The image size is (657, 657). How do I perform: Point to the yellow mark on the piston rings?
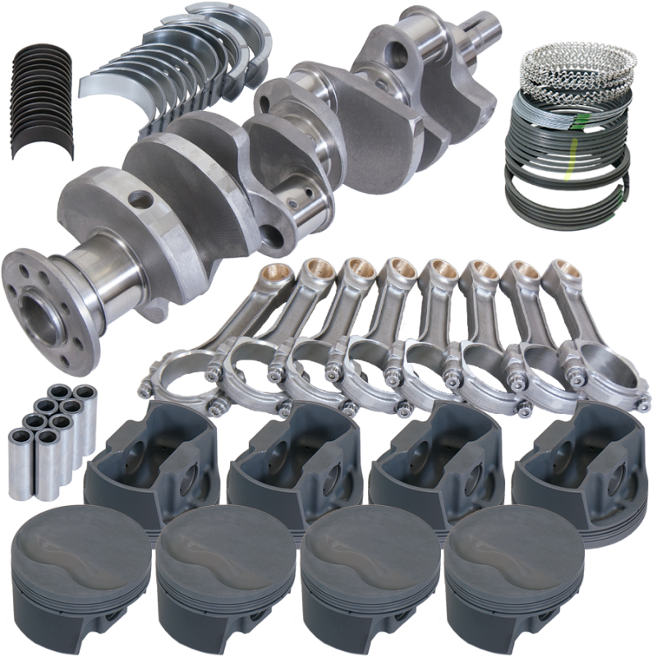point(567,172)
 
